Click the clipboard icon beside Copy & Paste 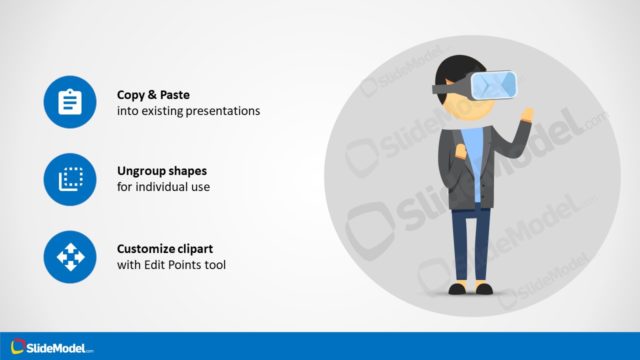pyautogui.click(x=69, y=102)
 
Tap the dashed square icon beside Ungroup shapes pyautogui.click(x=69, y=179)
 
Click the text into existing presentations pyautogui.click(x=188, y=111)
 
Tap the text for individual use pyautogui.click(x=164, y=187)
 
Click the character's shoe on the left pyautogui.click(x=458, y=289)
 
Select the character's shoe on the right pyautogui.click(x=484, y=289)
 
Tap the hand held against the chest pyautogui.click(x=461, y=153)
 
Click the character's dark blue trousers pyautogui.click(x=470, y=245)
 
